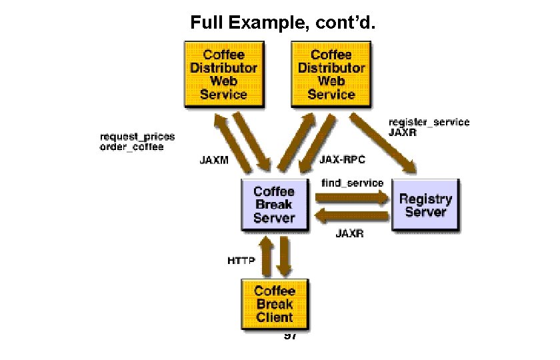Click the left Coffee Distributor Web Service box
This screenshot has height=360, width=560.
click(x=223, y=74)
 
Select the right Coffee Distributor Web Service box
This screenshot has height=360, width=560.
click(x=331, y=74)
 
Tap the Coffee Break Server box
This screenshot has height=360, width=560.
click(x=274, y=205)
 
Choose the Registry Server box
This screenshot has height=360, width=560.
click(x=425, y=205)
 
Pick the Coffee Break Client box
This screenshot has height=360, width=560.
click(x=274, y=304)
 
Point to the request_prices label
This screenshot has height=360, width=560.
click(x=137, y=137)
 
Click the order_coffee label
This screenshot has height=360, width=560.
click(x=131, y=147)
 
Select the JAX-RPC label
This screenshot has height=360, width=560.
click(x=343, y=160)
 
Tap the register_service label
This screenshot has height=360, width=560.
click(x=429, y=122)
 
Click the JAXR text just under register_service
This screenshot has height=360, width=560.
click(x=403, y=133)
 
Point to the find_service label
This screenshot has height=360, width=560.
click(x=352, y=182)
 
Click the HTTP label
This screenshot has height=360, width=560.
click(x=241, y=261)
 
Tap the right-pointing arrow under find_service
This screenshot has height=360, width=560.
click(x=351, y=197)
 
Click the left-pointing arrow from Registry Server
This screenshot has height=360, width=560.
click(x=351, y=215)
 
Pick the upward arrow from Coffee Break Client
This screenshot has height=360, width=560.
click(x=265, y=256)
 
